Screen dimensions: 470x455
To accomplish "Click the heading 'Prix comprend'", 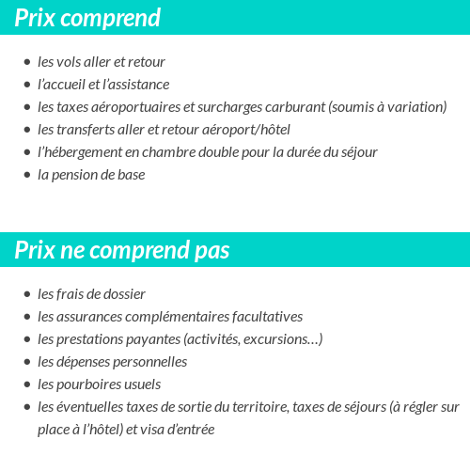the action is tap(87, 18).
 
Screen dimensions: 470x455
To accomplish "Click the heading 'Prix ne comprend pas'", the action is tap(122, 251).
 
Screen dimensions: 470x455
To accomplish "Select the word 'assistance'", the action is tap(139, 85).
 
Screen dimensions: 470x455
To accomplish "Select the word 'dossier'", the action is tap(124, 294).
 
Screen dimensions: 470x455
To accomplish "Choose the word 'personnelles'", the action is tap(149, 362).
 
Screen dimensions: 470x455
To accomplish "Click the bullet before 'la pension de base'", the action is tap(26, 175).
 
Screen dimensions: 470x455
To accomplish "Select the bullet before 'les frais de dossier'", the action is tap(26, 294).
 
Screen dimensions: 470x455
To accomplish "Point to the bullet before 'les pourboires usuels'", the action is tap(26, 384).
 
